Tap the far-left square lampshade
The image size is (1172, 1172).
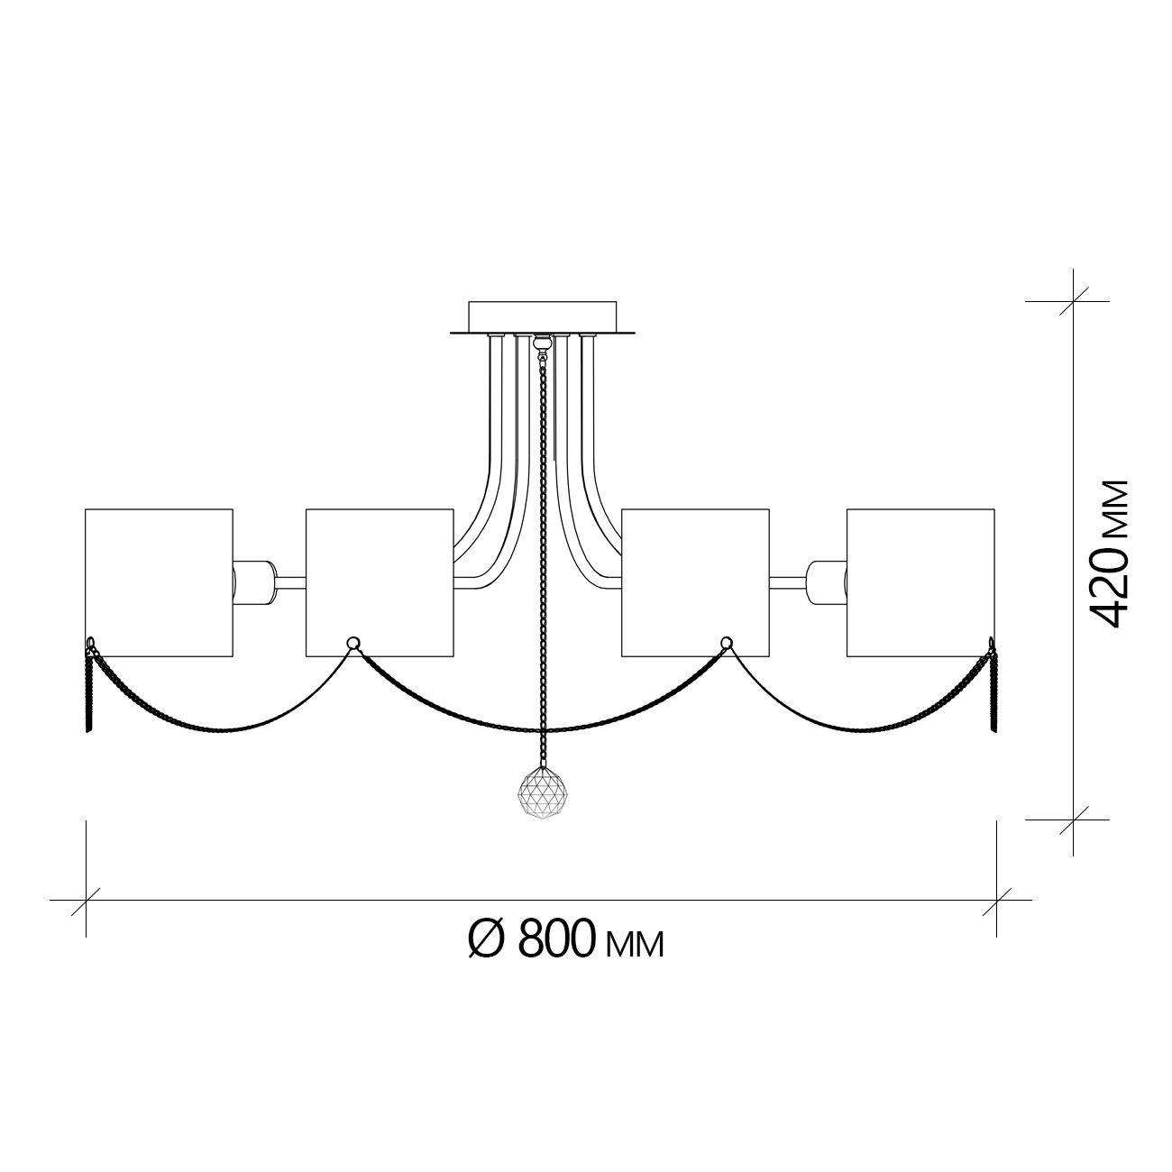(x=159, y=582)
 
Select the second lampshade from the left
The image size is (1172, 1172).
(x=380, y=582)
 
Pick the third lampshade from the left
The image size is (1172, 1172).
(x=695, y=582)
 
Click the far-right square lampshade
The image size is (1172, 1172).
(x=920, y=582)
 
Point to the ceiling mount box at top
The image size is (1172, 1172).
(x=542, y=317)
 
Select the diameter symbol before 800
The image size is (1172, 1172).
(x=486, y=941)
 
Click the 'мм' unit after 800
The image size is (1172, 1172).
(x=635, y=947)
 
